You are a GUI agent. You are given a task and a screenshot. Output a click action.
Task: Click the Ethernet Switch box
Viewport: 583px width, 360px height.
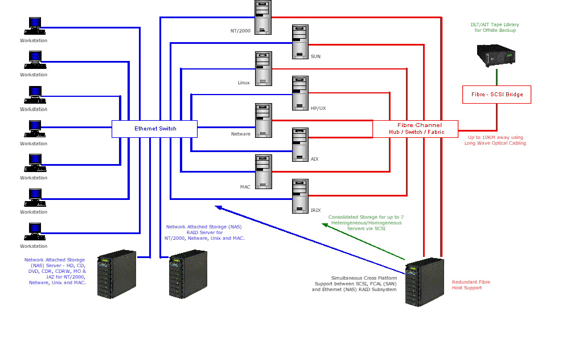[154, 129]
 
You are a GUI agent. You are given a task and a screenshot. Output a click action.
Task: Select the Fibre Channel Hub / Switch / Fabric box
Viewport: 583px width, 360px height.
[416, 129]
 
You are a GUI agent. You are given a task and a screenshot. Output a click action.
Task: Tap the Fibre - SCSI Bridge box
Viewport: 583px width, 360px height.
[496, 95]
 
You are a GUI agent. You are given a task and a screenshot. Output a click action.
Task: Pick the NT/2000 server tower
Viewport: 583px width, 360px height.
[263, 17]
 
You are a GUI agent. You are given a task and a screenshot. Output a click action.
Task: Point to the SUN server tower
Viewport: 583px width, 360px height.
[300, 42]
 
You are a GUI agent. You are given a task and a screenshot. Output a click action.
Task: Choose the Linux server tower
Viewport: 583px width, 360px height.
[263, 69]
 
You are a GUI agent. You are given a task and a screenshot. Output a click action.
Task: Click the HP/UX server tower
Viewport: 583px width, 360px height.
[300, 93]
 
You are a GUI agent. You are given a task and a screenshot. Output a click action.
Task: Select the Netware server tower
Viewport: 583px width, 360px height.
[263, 120]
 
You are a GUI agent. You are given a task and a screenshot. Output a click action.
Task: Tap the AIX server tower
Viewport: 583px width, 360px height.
[300, 144]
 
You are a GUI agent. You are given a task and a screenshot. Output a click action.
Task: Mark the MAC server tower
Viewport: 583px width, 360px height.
[263, 171]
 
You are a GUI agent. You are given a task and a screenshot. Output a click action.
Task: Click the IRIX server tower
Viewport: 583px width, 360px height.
[300, 197]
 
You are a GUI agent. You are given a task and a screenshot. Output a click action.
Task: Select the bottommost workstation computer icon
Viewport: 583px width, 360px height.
[34, 231]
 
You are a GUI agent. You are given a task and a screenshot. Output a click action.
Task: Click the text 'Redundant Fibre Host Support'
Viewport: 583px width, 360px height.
[471, 285]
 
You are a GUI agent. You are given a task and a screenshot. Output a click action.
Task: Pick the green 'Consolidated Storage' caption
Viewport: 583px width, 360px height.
[366, 223]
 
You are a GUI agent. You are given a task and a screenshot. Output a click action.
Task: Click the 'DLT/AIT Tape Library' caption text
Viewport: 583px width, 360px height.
[494, 27]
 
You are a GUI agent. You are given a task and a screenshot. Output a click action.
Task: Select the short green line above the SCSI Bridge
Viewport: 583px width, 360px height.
[496, 77]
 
